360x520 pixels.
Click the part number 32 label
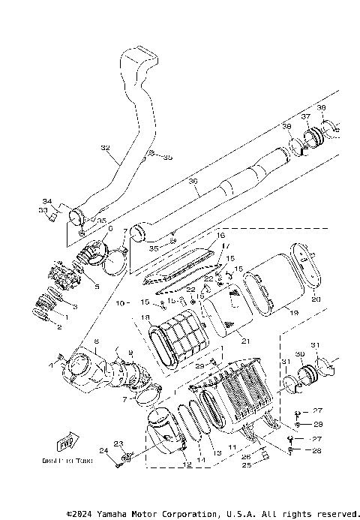click(x=104, y=149)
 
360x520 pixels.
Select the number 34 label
click(x=46, y=201)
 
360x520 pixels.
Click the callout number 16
click(x=221, y=236)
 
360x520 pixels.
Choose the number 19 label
click(x=294, y=311)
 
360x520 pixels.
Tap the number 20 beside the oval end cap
click(x=316, y=299)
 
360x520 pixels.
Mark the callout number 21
click(x=241, y=339)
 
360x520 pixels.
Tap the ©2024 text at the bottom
click(x=83, y=515)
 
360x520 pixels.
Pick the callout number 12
click(x=187, y=464)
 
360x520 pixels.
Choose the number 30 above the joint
click(x=299, y=354)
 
